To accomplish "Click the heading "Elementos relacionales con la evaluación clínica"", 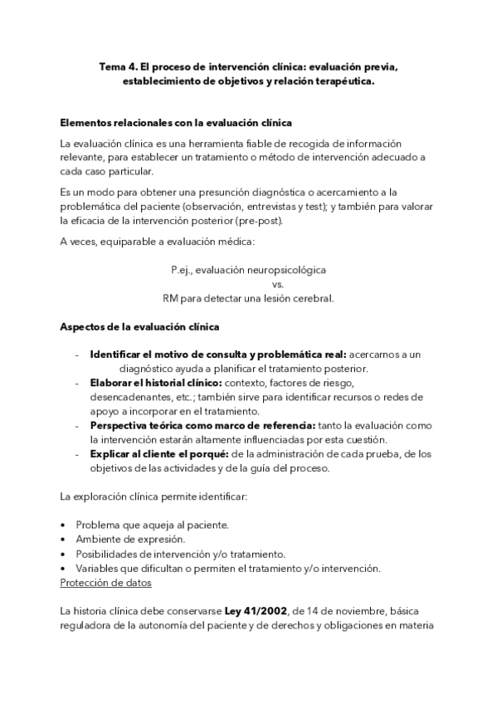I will tap(175, 122).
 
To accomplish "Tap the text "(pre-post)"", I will tap(259, 220).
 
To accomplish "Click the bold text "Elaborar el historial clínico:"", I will tap(155, 383).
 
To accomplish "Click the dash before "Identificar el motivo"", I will tap(77, 354).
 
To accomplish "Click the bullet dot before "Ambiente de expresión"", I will tap(65, 540).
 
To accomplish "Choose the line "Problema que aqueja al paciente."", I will tap(152, 526).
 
